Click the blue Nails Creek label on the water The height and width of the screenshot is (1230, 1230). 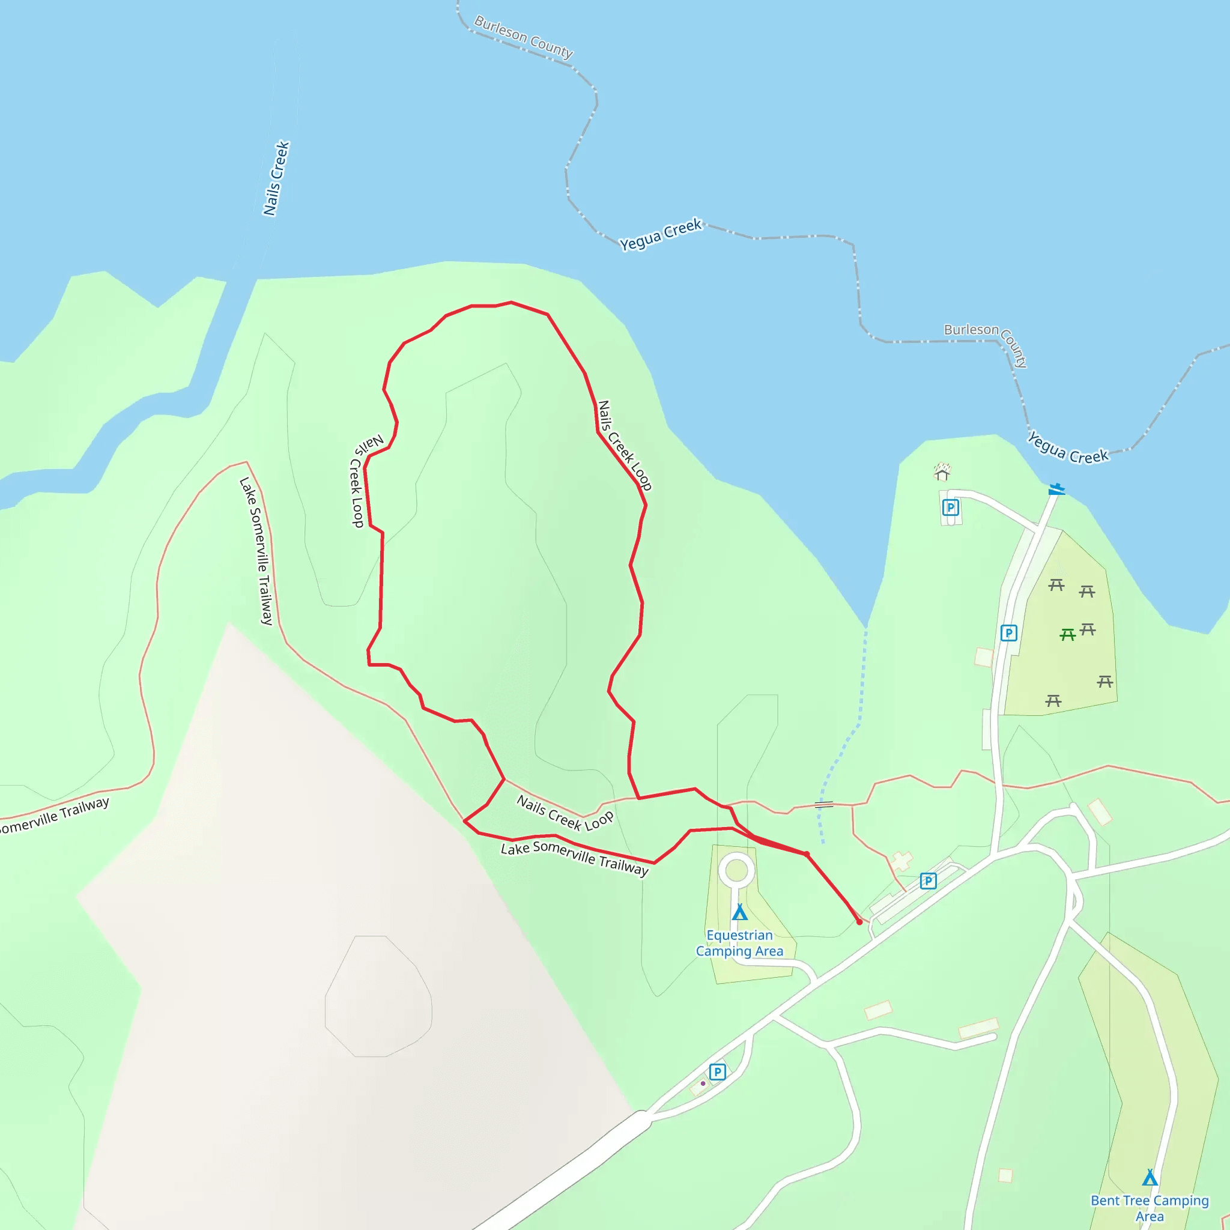pos(276,178)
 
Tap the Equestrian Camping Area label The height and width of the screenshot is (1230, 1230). pos(739,943)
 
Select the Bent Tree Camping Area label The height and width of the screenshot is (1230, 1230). pos(1149,1208)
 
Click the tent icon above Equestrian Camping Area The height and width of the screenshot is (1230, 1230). pos(739,912)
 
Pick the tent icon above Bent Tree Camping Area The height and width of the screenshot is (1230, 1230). pos(1150,1177)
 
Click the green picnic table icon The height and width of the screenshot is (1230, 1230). pos(1068,634)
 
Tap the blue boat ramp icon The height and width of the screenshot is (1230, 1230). pos(1057,489)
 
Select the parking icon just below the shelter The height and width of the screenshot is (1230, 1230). pos(951,507)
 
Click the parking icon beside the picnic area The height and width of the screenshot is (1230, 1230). pos(1008,633)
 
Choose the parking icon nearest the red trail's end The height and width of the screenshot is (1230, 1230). pos(929,881)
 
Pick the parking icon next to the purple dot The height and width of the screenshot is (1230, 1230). pos(718,1071)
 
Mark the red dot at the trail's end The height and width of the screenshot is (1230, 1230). pos(859,922)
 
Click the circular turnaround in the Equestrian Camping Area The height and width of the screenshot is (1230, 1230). pos(736,870)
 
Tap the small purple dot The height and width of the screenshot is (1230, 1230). pos(703,1083)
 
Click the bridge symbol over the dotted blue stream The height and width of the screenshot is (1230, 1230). pos(824,805)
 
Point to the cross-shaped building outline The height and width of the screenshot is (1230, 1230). pos(901,861)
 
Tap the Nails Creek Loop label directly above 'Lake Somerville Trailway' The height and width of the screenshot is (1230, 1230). pos(565,813)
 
